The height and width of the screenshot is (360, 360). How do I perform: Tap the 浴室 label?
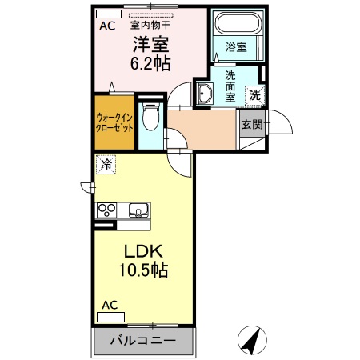click(235, 48)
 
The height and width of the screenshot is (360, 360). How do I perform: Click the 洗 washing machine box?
click(254, 94)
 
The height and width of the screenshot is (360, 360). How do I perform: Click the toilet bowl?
click(149, 118)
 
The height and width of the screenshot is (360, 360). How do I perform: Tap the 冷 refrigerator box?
click(106, 166)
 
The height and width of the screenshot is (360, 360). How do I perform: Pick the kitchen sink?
click(138, 211)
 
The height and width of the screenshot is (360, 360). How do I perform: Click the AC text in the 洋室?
click(107, 26)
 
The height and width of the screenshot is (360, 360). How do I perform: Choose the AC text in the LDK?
click(111, 305)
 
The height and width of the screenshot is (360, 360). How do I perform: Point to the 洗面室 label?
click(229, 86)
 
